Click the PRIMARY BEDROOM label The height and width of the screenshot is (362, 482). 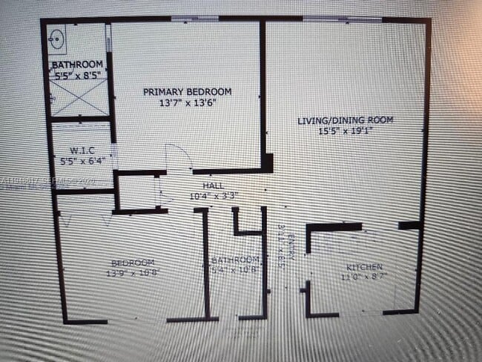coord(187,91)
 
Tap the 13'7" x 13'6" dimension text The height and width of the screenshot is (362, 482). coord(187,103)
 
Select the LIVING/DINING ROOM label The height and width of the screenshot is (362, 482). coord(345,120)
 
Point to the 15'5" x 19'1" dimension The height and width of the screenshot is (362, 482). coord(345,131)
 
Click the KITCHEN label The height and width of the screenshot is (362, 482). coord(364,267)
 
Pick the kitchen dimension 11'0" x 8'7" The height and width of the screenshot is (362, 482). coord(364,277)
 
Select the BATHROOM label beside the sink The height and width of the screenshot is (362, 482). coord(77,65)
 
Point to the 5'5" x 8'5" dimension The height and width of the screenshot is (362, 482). coord(78,75)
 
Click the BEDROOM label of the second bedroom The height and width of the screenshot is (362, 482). coord(133,263)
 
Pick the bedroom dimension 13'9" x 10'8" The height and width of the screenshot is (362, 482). coord(133,273)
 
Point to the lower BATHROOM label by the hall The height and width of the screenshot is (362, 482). coord(235,260)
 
